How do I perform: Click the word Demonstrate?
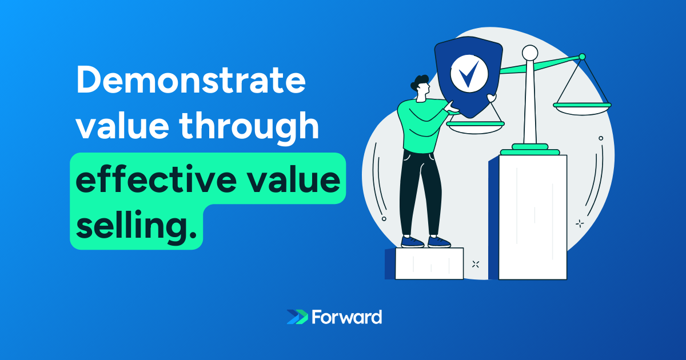pyautogui.click(x=190, y=82)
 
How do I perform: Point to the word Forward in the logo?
pyautogui.click(x=347, y=317)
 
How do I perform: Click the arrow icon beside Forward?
pyautogui.click(x=297, y=317)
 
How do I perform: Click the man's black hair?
pyautogui.click(x=420, y=82)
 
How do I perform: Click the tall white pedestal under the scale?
pyautogui.click(x=532, y=217)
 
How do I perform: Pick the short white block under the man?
pyautogui.click(x=429, y=264)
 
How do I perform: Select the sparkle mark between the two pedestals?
pyautogui.click(x=476, y=264)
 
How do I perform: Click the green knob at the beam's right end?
pyautogui.click(x=582, y=57)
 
